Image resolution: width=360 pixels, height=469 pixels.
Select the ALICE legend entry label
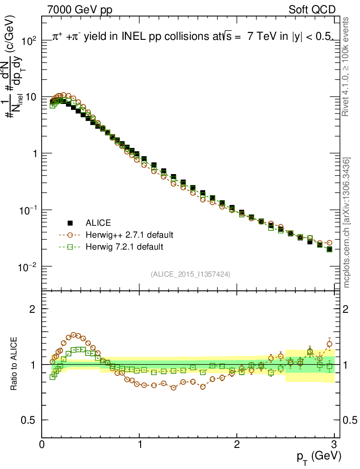tap(98, 223)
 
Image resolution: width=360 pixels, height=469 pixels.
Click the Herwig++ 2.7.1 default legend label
tap(129, 235)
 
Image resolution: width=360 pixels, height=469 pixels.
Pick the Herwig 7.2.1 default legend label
tap(124, 247)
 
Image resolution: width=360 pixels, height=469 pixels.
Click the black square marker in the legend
tap(70, 223)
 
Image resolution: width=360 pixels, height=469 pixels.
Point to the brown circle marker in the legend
tap(70, 235)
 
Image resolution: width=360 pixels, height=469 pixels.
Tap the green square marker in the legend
tap(70, 247)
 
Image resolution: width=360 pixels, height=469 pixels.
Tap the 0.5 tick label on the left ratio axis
tap(29, 420)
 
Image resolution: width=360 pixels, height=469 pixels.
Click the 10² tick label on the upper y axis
tap(28, 41)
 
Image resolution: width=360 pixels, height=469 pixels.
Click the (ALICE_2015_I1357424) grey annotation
tap(190, 274)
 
